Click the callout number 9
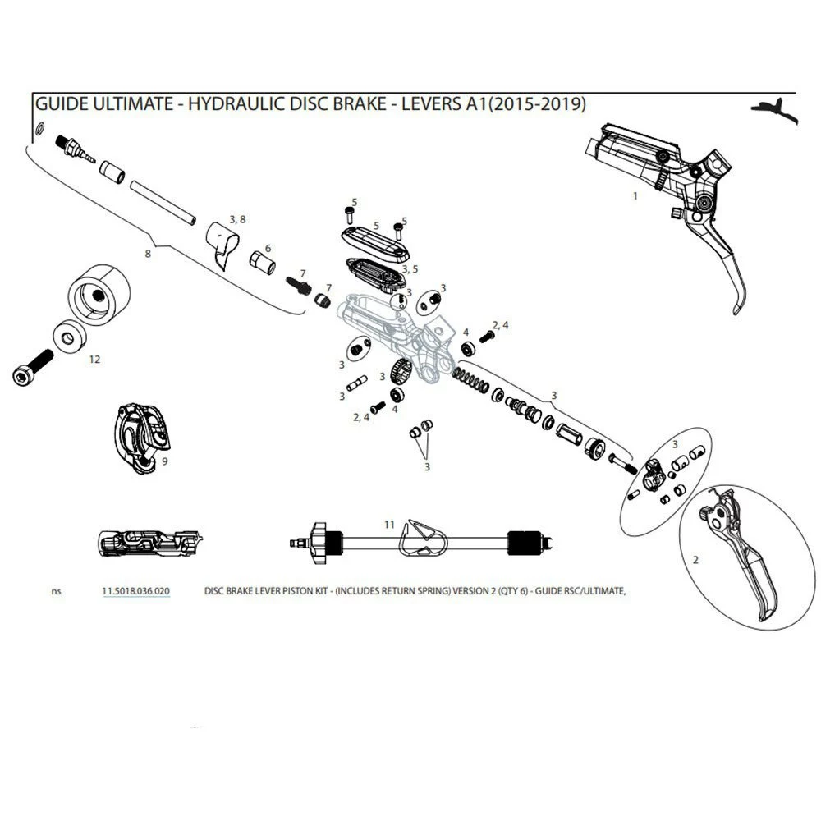[165, 462]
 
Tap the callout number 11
[390, 523]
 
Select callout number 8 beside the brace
[149, 254]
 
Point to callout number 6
[268, 248]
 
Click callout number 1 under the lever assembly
[635, 196]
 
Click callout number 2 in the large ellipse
[695, 561]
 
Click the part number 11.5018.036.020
[136, 590]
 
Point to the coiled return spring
[470, 381]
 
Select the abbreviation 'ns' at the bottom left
[56, 590]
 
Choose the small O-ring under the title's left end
[39, 128]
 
